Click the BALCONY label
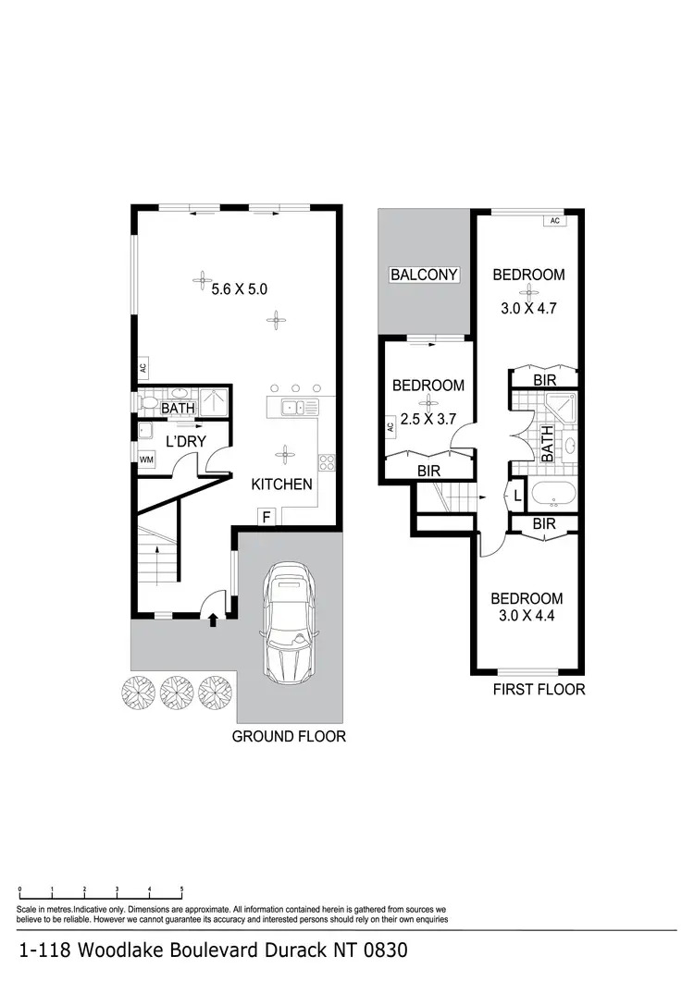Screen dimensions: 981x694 coord(425,275)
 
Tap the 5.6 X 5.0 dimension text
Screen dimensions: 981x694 coord(239,289)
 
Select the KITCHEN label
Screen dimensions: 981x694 coord(281,484)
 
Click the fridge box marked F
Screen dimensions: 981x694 coord(266,519)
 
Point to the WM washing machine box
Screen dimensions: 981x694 coord(145,460)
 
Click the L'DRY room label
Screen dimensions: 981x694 coord(185,442)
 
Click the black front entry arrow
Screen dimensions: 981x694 coord(214,620)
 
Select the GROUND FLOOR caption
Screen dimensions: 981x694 coord(289,737)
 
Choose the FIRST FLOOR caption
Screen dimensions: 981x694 coord(540,690)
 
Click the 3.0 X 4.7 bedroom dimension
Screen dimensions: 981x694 coord(527,310)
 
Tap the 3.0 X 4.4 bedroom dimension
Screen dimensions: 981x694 coord(526,615)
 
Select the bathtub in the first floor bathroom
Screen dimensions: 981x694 coord(552,495)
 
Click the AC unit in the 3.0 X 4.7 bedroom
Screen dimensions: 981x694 coord(554,221)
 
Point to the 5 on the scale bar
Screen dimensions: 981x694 coord(181,889)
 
